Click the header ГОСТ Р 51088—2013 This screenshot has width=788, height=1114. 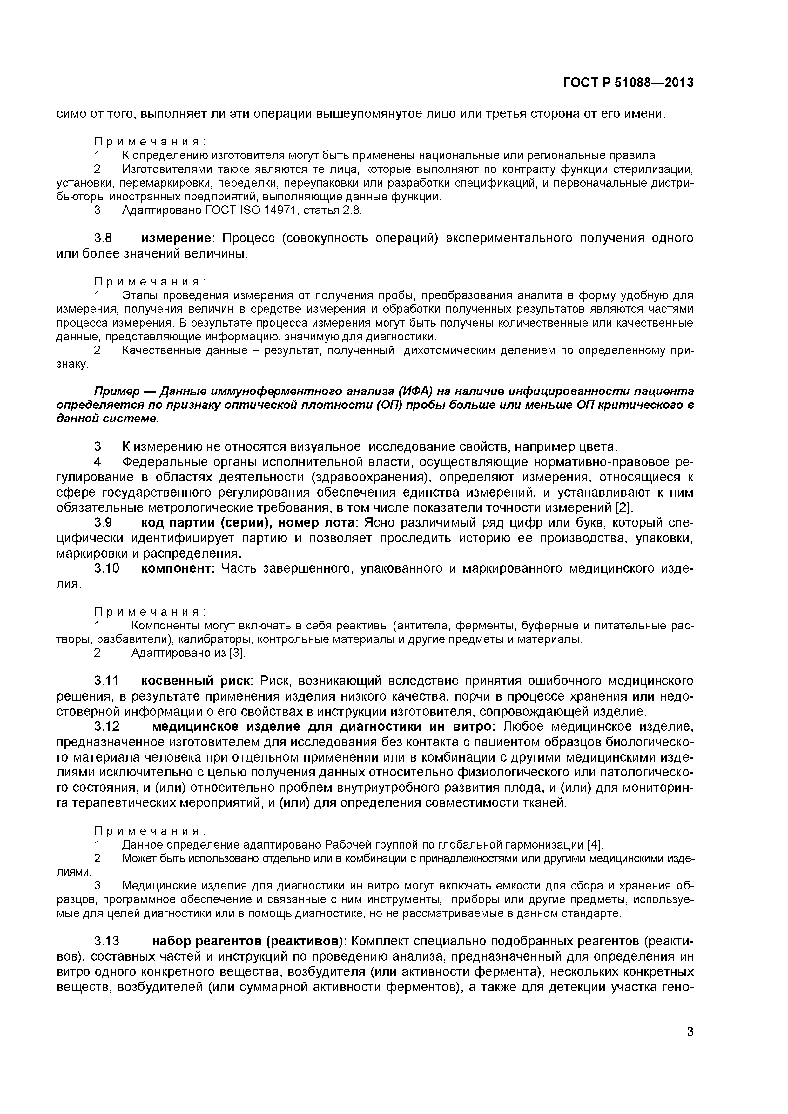click(x=628, y=83)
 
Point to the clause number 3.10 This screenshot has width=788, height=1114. click(x=106, y=568)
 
